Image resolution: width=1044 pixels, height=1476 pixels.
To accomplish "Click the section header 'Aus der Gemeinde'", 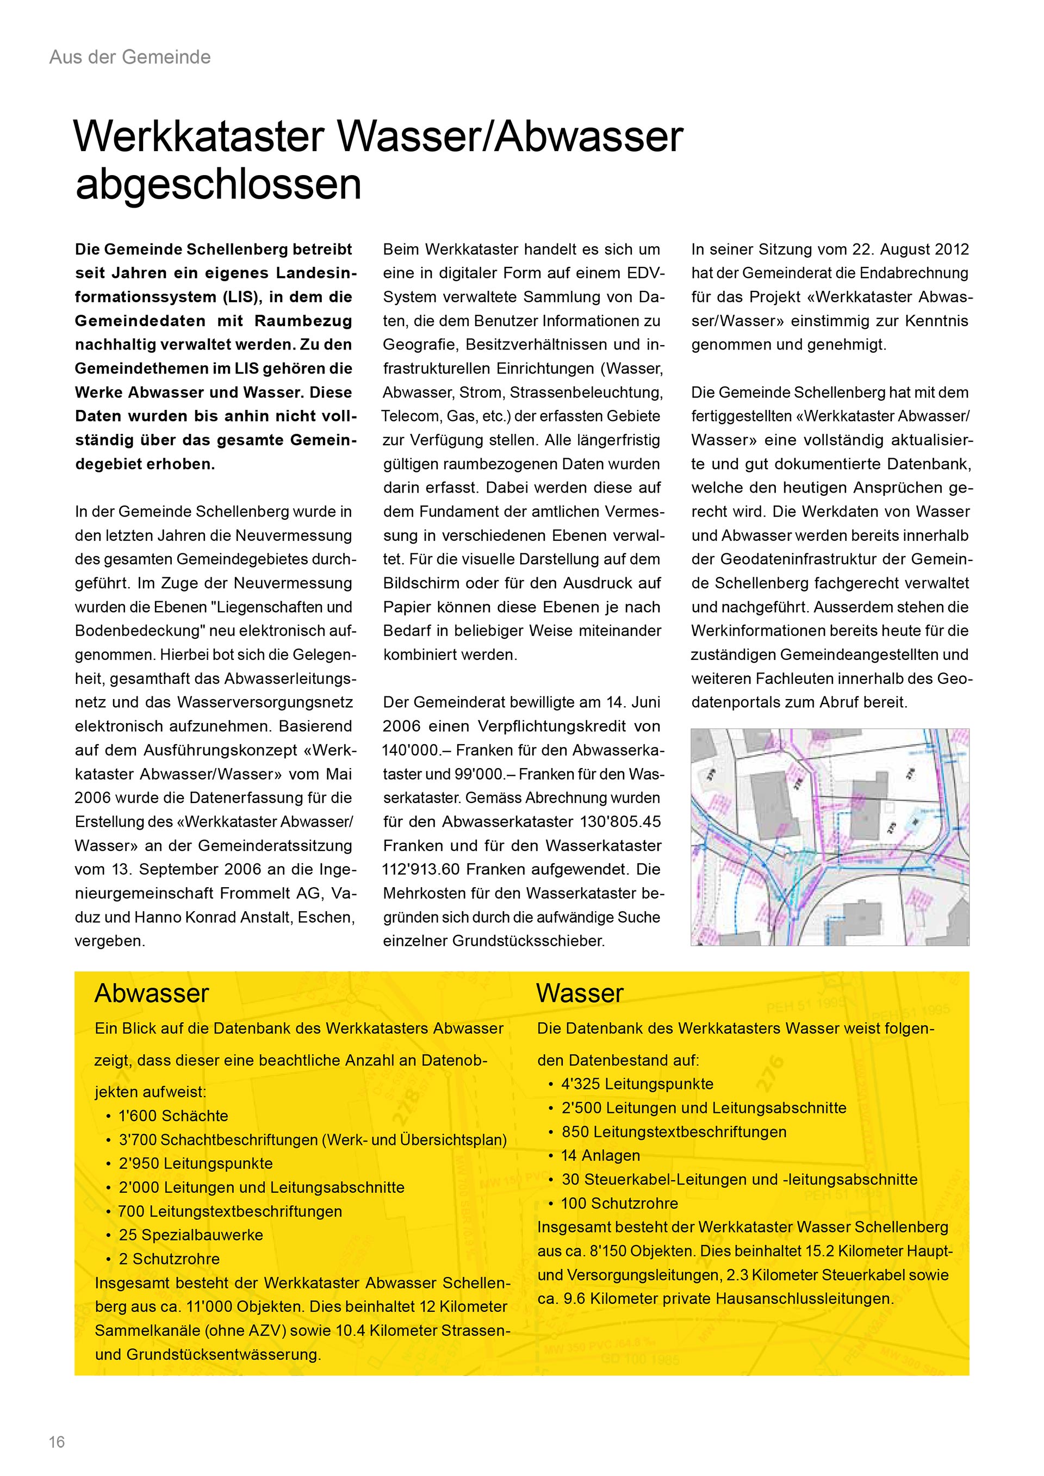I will point(130,57).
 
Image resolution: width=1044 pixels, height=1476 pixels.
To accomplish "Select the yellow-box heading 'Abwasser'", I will point(152,994).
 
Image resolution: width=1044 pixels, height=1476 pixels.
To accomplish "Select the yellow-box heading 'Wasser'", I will point(579,994).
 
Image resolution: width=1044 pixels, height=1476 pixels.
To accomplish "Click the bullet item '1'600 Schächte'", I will point(173,1116).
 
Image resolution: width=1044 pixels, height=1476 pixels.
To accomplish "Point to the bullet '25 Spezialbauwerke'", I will point(190,1235).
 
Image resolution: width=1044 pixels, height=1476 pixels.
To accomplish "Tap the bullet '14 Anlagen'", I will point(600,1155).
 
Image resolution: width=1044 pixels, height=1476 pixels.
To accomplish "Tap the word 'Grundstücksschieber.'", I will point(529,941).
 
